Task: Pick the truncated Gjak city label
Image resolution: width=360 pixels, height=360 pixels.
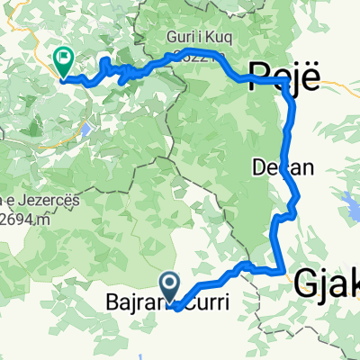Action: pyautogui.click(x=326, y=283)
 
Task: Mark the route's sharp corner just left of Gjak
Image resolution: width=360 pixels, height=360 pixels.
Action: pyautogui.click(x=284, y=268)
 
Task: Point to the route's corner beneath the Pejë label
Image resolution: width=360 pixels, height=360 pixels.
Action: pyautogui.click(x=285, y=83)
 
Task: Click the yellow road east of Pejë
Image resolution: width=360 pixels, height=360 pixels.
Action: pyautogui.click(x=337, y=83)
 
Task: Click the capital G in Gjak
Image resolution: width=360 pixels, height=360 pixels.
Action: pyautogui.click(x=306, y=283)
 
